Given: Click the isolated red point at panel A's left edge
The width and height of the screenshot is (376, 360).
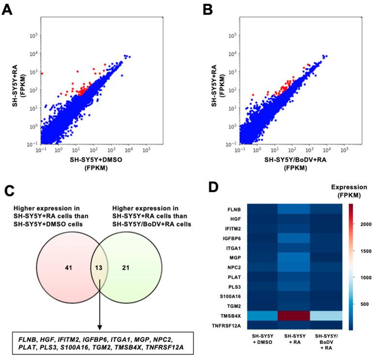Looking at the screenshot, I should [42, 73].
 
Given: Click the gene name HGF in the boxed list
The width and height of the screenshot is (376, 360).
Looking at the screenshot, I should [47, 339].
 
